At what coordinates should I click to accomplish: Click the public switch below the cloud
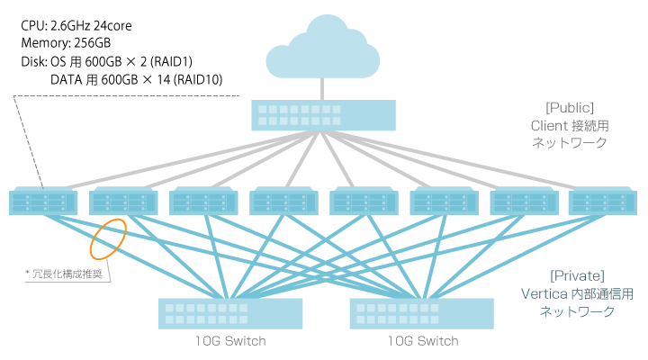(x=323, y=114)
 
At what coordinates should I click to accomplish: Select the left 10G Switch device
(x=231, y=312)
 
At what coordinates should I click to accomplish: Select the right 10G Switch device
(x=422, y=312)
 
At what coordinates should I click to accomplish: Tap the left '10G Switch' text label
(x=230, y=341)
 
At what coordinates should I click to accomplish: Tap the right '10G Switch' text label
(x=422, y=341)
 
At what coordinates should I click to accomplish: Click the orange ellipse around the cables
(x=107, y=236)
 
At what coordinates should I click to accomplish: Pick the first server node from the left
(x=42, y=201)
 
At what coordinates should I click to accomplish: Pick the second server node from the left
(x=122, y=201)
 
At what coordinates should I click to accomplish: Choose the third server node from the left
(x=202, y=201)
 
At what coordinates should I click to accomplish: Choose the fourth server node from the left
(x=283, y=201)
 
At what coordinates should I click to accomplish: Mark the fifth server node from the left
(x=363, y=201)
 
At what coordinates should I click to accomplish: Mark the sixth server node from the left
(x=443, y=201)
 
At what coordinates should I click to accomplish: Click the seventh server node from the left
(x=523, y=201)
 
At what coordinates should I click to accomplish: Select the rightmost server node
(x=602, y=201)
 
